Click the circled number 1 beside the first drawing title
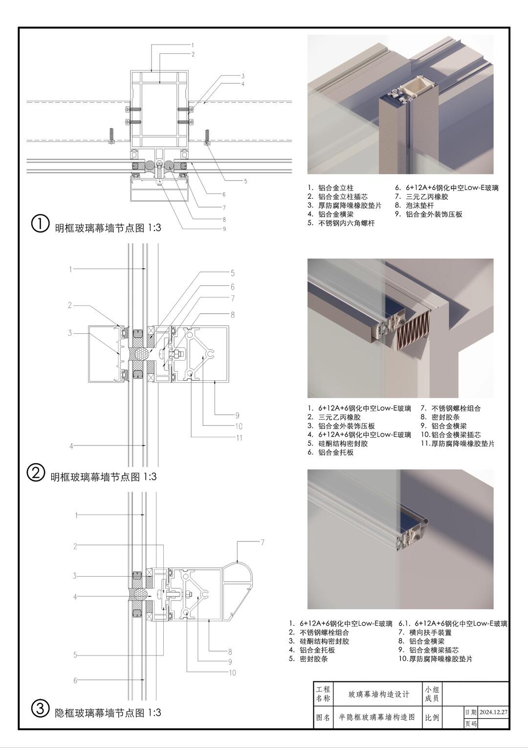pos(40,224)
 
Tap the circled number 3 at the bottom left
pos(40,708)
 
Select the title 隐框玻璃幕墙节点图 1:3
pos(108,712)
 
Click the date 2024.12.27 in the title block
pos(493,712)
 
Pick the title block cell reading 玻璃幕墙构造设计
pos(378,694)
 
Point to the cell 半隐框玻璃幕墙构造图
pos(377,717)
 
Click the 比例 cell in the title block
pos(432,718)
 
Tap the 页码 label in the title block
pos(470,724)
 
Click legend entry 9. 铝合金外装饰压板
pos(428,214)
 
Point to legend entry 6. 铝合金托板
pos(330,452)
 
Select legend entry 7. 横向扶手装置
pos(425,632)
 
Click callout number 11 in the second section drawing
pos(239,438)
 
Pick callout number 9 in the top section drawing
pos(224,229)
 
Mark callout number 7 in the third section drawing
pos(263,542)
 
